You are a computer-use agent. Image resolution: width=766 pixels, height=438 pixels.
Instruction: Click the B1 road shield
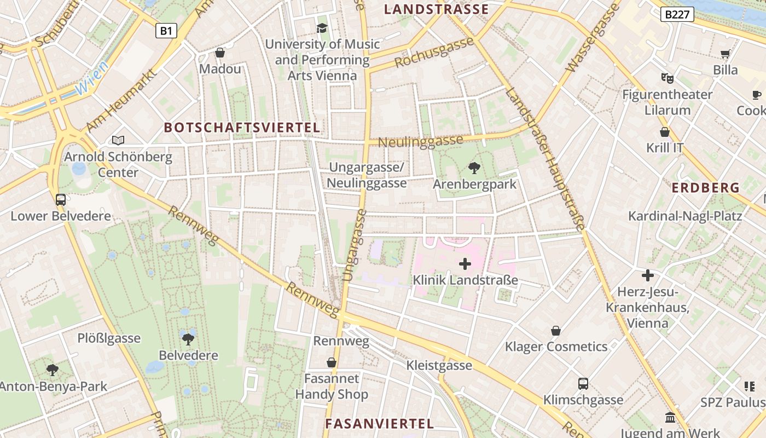pos(166,31)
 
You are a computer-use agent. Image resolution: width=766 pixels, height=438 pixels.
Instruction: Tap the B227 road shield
pos(677,15)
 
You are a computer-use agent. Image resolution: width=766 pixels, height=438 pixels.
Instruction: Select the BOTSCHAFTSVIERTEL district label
pos(242,128)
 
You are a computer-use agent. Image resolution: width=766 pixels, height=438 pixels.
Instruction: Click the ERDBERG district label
pos(705,188)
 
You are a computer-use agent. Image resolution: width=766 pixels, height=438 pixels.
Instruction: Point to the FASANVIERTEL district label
pos(379,424)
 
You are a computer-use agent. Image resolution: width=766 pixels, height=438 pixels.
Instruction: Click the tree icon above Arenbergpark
pos(474,168)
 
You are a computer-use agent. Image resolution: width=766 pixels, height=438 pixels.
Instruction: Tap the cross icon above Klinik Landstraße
pos(465,264)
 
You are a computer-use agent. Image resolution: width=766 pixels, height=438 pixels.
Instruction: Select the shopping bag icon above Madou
pos(220,53)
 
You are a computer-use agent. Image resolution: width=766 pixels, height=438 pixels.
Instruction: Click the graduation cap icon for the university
pos(322,28)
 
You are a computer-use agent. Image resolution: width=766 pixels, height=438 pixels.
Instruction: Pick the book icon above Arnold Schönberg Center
pos(118,140)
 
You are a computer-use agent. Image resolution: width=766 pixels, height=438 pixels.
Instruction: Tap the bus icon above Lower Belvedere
pos(61,200)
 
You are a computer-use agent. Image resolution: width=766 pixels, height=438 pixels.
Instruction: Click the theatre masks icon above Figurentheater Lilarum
pos(666,78)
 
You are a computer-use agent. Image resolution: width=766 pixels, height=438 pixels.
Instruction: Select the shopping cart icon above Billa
pos(726,54)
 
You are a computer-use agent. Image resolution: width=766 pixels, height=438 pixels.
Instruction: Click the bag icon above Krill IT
pos(665,132)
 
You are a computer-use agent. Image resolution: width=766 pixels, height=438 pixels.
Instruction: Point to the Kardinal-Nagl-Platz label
pos(685,216)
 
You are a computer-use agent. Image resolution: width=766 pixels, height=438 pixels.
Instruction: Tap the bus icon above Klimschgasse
pos(583,384)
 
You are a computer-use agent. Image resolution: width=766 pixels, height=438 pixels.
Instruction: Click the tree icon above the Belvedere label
pos(188,339)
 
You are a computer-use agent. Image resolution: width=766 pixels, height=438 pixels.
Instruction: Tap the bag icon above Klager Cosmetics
pos(556,331)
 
